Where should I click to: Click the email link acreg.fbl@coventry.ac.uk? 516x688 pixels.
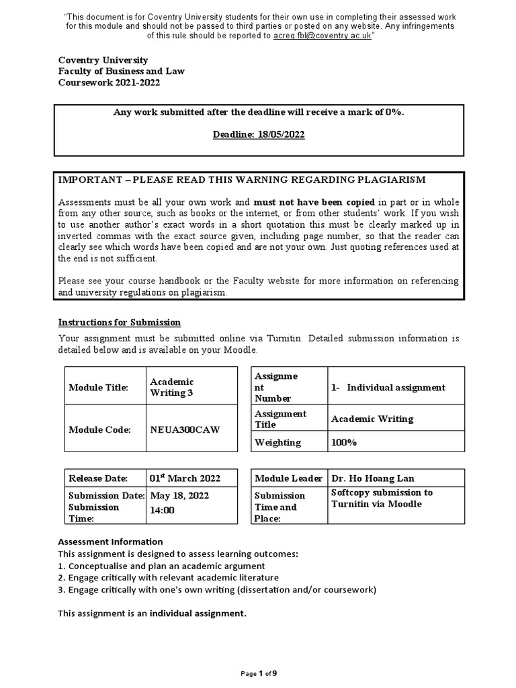pyautogui.click(x=322, y=35)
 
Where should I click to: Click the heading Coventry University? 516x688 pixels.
pyautogui.click(x=103, y=60)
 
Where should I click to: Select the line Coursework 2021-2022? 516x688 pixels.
pyautogui.click(x=110, y=83)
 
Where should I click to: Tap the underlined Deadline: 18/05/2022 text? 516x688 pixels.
pyautogui.click(x=259, y=134)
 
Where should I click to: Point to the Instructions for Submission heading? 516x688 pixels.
pyautogui.click(x=120, y=322)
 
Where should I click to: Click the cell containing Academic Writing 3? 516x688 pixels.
pyautogui.click(x=171, y=387)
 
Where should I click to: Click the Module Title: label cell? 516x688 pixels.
pyautogui.click(x=98, y=388)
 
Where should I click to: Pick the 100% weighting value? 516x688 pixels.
pyautogui.click(x=344, y=443)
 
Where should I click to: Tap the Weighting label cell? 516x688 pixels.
pyautogui.click(x=277, y=443)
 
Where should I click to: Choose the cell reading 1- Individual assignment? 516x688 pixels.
pyautogui.click(x=388, y=387)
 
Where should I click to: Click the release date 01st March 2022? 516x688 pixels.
pyautogui.click(x=184, y=478)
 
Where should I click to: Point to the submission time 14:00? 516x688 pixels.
pyautogui.click(x=162, y=510)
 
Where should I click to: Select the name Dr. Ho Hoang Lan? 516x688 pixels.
pyautogui.click(x=373, y=478)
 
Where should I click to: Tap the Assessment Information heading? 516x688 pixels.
pyautogui.click(x=110, y=542)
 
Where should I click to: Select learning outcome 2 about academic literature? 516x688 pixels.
pyautogui.click(x=168, y=578)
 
